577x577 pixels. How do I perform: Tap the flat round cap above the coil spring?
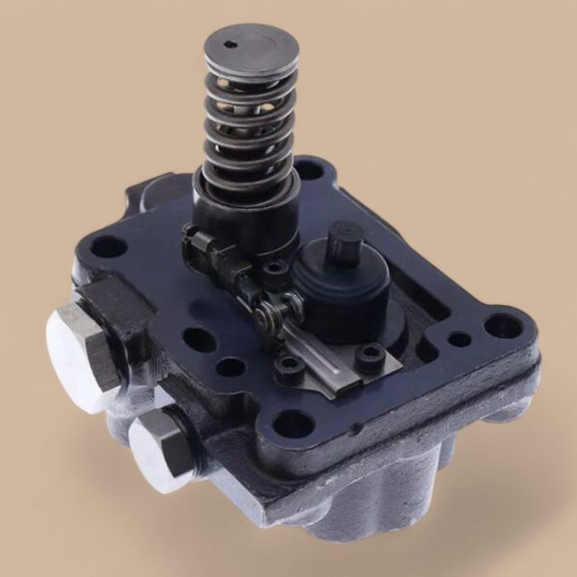point(251,49)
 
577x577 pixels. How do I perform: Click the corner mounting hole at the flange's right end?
point(501,326)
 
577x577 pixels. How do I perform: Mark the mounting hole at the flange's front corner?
point(293,425)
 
